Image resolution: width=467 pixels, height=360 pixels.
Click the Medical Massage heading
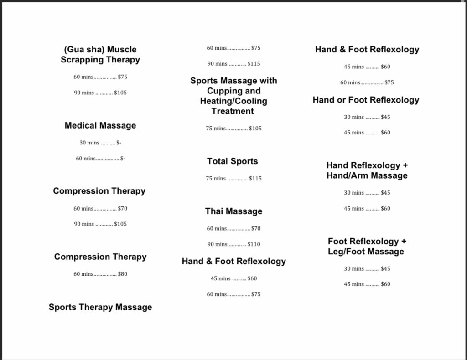[100, 126]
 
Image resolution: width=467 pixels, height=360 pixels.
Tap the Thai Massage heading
[234, 211]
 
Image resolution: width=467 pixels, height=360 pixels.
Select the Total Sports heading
[233, 161]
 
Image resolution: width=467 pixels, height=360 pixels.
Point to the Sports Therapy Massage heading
[100, 307]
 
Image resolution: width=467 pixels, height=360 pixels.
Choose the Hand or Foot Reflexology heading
[366, 100]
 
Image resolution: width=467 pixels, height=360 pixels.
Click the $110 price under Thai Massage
[254, 244]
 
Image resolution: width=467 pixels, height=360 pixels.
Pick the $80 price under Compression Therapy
[122, 274]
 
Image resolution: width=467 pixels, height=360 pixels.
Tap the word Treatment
[233, 111]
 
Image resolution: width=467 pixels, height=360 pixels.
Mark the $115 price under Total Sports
[255, 179]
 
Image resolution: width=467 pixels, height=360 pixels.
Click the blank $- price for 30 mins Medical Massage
[119, 143]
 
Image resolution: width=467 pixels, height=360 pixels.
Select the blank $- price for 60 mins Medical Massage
[123, 159]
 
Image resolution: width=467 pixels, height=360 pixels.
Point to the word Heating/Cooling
[234, 101]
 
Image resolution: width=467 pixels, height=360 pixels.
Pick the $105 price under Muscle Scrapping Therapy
[120, 93]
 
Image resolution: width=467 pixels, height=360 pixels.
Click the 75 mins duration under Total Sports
[216, 179]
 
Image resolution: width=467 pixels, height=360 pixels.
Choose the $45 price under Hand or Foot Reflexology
[385, 117]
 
